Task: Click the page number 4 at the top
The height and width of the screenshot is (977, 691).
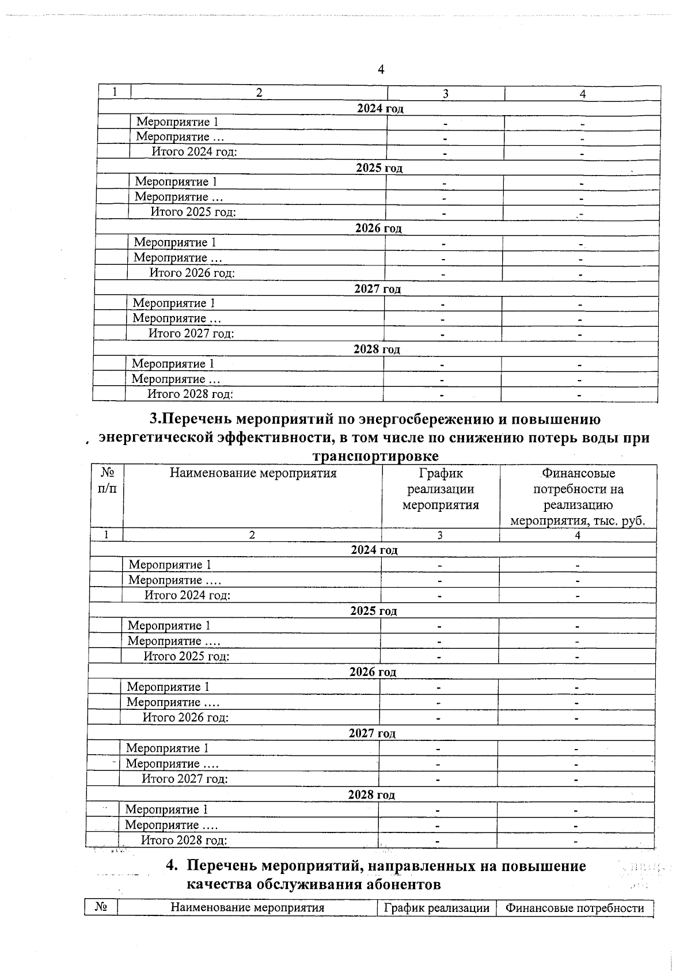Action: [381, 70]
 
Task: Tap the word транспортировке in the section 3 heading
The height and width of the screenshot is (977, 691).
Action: [375, 456]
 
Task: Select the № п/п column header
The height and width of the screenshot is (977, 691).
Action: [107, 481]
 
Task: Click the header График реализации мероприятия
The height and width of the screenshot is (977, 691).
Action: [441, 489]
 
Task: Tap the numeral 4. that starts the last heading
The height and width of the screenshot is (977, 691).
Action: [170, 866]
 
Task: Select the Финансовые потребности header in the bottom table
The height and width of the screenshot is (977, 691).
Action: [575, 908]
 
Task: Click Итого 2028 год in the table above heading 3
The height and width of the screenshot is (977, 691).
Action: [190, 394]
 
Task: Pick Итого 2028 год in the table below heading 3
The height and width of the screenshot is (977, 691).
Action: [184, 840]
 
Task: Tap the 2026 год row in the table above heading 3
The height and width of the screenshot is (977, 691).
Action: [378, 229]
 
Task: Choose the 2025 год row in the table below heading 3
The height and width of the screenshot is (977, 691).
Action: [374, 611]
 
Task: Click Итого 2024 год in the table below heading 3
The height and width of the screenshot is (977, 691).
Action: [187, 595]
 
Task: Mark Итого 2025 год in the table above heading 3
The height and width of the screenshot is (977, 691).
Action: [193, 212]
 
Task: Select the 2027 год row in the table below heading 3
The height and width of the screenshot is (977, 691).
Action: [372, 733]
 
